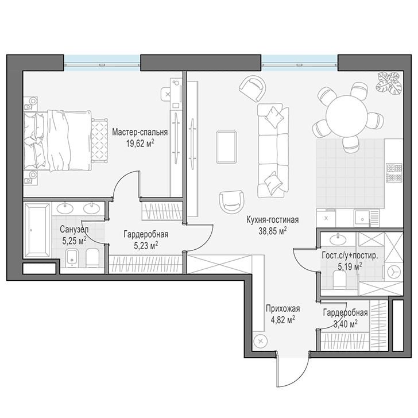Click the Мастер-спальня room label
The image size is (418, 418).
click(140, 132)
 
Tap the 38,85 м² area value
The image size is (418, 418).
click(272, 231)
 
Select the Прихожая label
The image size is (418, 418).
click(283, 308)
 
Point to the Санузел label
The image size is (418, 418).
click(75, 229)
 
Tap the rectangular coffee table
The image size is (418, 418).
click(226, 146)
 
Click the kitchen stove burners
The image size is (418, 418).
click(394, 172)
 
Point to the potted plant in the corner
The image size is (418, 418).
click(389, 83)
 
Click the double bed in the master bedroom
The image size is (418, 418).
click(58, 141)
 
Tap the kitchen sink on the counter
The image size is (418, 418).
click(362, 218)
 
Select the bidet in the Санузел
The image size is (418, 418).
click(72, 258)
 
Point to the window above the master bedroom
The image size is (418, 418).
click(102, 63)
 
